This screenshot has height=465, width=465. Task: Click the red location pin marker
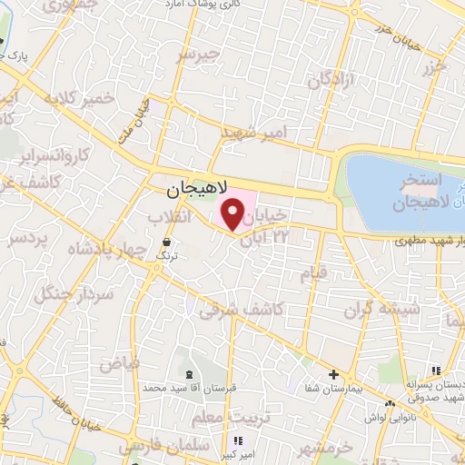click(x=232, y=215)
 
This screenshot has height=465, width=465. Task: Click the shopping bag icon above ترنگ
click(x=167, y=242)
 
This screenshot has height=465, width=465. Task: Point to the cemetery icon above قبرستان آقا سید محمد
click(x=188, y=374)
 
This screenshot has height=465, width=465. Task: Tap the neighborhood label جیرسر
click(x=200, y=54)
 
